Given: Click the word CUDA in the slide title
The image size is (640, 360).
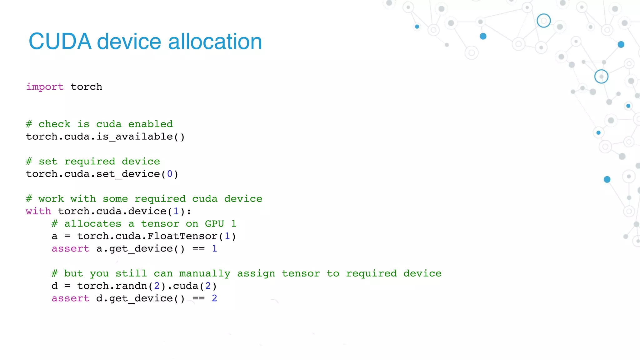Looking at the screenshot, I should coord(60,42).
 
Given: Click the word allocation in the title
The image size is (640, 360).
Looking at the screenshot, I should coord(215,42).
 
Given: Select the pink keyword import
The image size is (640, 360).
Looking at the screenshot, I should coord(45,87).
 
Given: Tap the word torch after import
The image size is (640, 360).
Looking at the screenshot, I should coord(87,87).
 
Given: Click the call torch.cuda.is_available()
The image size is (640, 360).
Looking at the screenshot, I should coord(105,137).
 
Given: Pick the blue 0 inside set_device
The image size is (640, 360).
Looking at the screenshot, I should coord(170,174).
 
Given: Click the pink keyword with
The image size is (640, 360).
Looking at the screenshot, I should coord(38,211).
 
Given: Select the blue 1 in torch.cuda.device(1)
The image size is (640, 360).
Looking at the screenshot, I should coord(176,211).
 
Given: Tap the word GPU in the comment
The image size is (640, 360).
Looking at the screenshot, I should coord(214,224).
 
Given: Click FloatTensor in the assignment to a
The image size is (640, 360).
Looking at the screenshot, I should coord(182,236).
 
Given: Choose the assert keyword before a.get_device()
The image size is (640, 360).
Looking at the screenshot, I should coord(70,249).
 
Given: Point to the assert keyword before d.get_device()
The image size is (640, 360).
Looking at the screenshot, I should coord(70,298).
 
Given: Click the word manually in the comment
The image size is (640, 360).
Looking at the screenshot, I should coord(205,273).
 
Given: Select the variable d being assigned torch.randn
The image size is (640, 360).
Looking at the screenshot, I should coord(55,286).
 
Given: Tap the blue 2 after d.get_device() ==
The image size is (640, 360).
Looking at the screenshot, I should coord(214,298).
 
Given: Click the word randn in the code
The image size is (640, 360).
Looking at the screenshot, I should coord(131,286).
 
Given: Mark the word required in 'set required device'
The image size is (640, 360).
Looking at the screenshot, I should coord(90,162).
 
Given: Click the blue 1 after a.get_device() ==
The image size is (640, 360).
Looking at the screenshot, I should coord(214,249).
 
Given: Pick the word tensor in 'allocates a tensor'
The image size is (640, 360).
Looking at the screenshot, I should coord(160,224).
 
